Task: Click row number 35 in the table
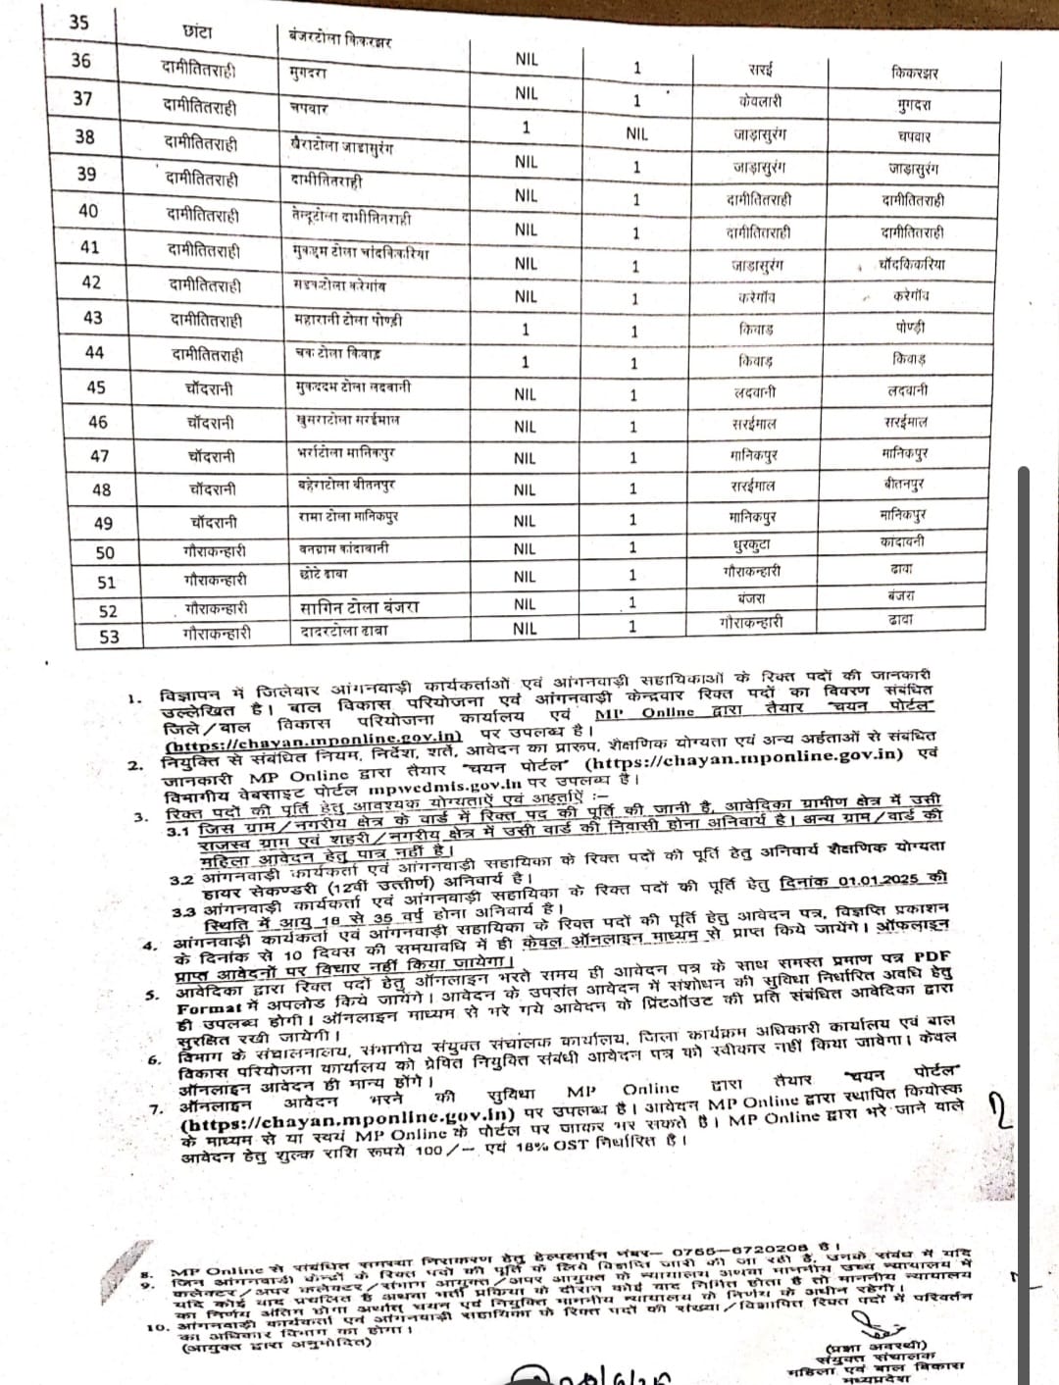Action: [78, 22]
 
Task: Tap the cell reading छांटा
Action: [196, 31]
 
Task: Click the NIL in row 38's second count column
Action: [636, 133]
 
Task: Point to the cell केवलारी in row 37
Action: [761, 101]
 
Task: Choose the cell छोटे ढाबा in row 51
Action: [324, 575]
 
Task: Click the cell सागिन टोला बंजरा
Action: [359, 607]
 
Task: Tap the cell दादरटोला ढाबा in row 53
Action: [343, 631]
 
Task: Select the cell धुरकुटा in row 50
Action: [752, 544]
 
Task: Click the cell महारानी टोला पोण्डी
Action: [348, 321]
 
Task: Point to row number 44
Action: [94, 352]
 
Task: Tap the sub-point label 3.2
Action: [180, 880]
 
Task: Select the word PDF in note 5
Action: [933, 955]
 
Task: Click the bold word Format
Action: [209, 1007]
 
